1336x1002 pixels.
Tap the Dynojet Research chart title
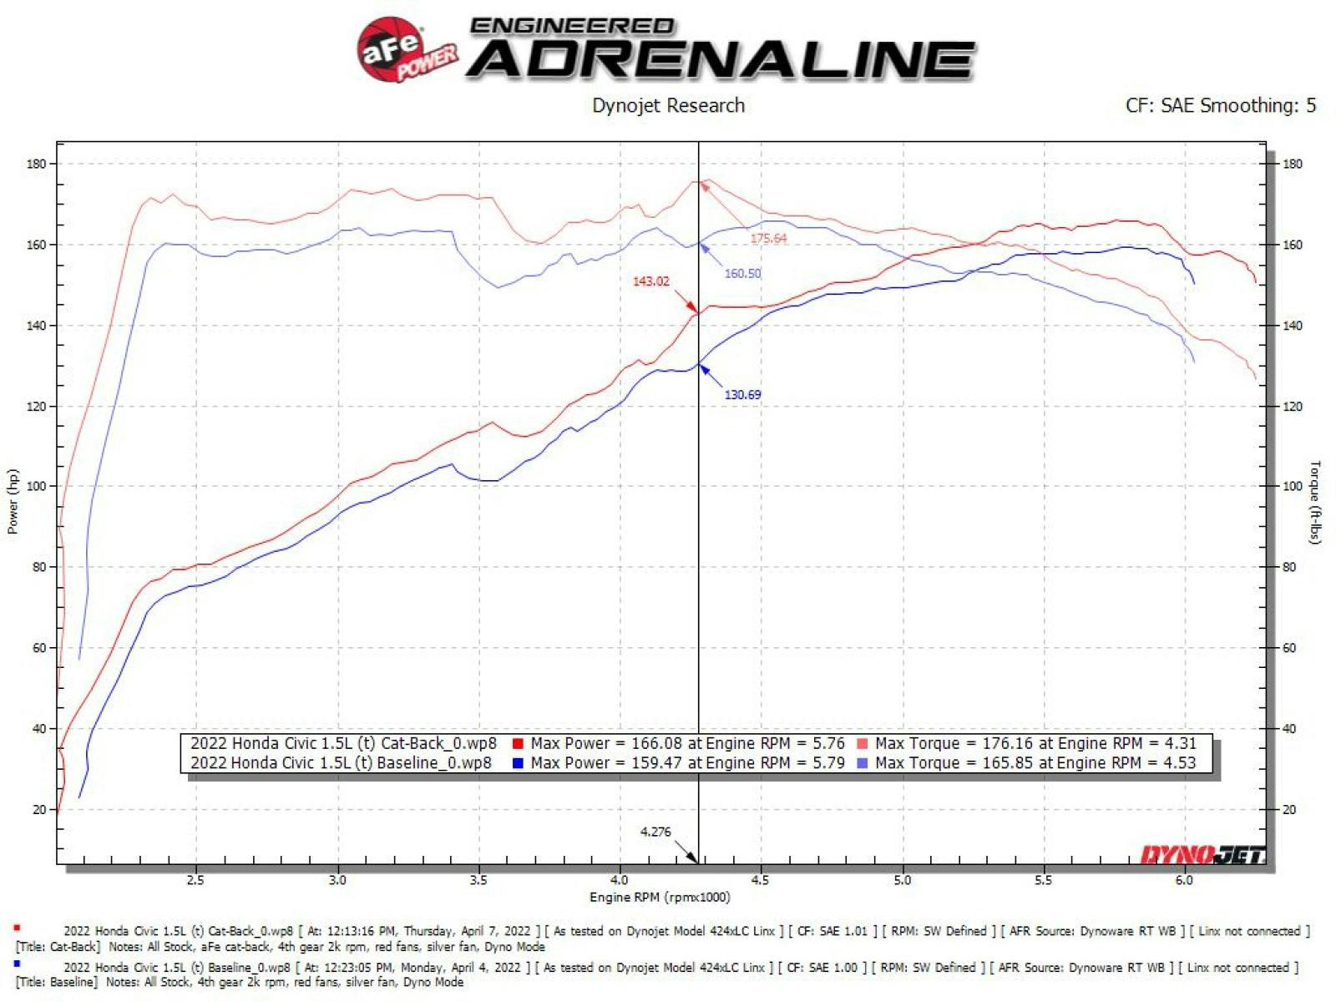[668, 106]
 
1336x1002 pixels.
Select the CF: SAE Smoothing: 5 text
[1220, 106]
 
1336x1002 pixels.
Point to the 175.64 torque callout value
[768, 239]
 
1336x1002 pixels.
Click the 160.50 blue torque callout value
[742, 274]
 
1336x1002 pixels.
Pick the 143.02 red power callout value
[650, 281]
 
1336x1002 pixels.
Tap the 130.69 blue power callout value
[742, 395]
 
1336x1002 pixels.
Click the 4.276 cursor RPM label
[655, 832]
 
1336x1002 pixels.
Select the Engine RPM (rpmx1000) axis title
[660, 898]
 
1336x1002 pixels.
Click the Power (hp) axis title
[13, 501]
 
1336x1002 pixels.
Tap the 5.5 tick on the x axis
[1043, 880]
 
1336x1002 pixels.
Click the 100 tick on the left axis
[37, 486]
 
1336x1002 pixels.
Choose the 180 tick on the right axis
[1292, 164]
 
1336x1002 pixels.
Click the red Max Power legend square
[519, 744]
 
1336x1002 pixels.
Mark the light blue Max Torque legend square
[863, 763]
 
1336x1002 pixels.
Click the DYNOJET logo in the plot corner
[1202, 854]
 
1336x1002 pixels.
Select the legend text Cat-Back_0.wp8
[438, 743]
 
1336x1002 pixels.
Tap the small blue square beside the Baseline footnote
[17, 964]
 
